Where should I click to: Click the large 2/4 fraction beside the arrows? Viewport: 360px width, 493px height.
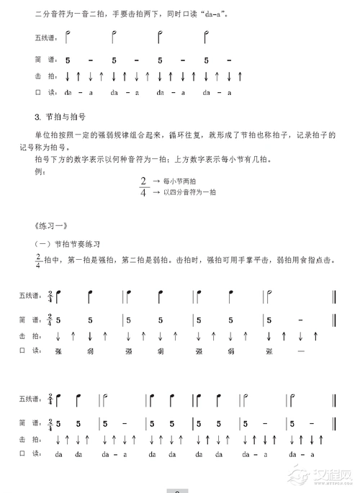pyautogui.click(x=144, y=186)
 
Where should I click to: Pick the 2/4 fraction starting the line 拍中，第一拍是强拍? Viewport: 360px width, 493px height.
pyautogui.click(x=37, y=260)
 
